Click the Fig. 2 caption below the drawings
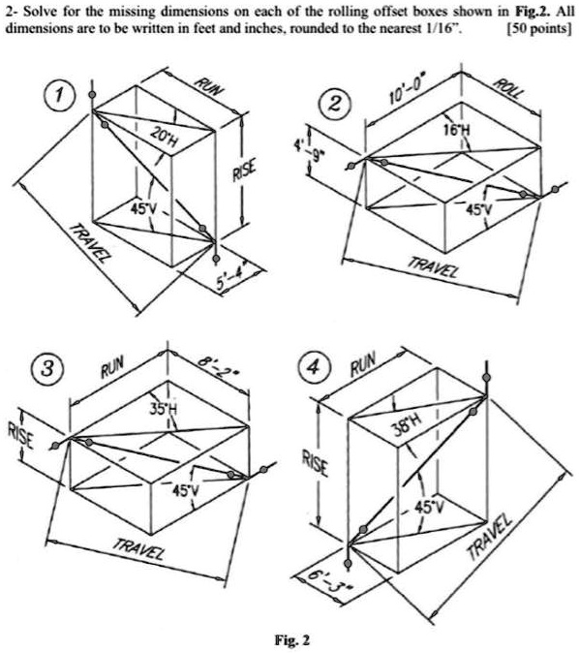(291, 639)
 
